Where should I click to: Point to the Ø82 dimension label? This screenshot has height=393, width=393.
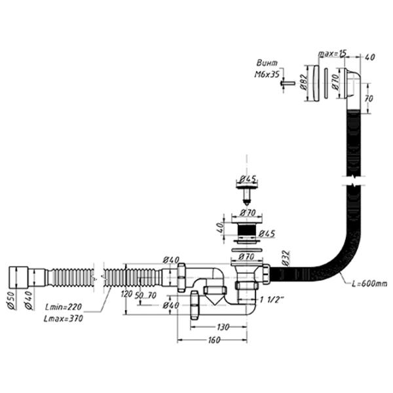(303, 83)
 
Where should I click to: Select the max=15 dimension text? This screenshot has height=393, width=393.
(333, 52)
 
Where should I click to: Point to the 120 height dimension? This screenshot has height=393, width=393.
(123, 293)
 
